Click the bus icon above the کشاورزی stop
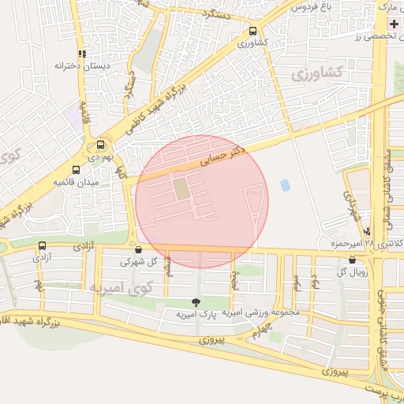252,31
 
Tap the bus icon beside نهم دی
100,145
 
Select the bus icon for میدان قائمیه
76,170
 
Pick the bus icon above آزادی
41,245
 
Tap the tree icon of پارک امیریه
196,301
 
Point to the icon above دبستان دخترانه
81,54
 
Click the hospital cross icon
394,23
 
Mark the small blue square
284,185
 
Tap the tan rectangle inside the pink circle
181,189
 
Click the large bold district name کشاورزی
316,73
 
